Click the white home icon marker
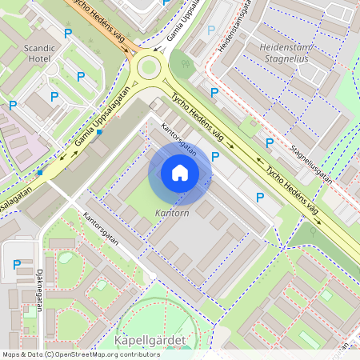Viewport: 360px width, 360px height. [180, 173]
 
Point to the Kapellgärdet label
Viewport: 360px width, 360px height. [150, 341]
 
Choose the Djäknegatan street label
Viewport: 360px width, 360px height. [39, 281]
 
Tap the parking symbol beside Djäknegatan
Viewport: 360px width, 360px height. [17, 264]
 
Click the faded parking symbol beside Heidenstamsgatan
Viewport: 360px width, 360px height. [211, 30]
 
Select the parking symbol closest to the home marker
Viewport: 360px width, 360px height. [215, 157]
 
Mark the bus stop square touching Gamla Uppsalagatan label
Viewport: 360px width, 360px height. [99, 132]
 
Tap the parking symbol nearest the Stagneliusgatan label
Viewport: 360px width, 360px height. [270, 143]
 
